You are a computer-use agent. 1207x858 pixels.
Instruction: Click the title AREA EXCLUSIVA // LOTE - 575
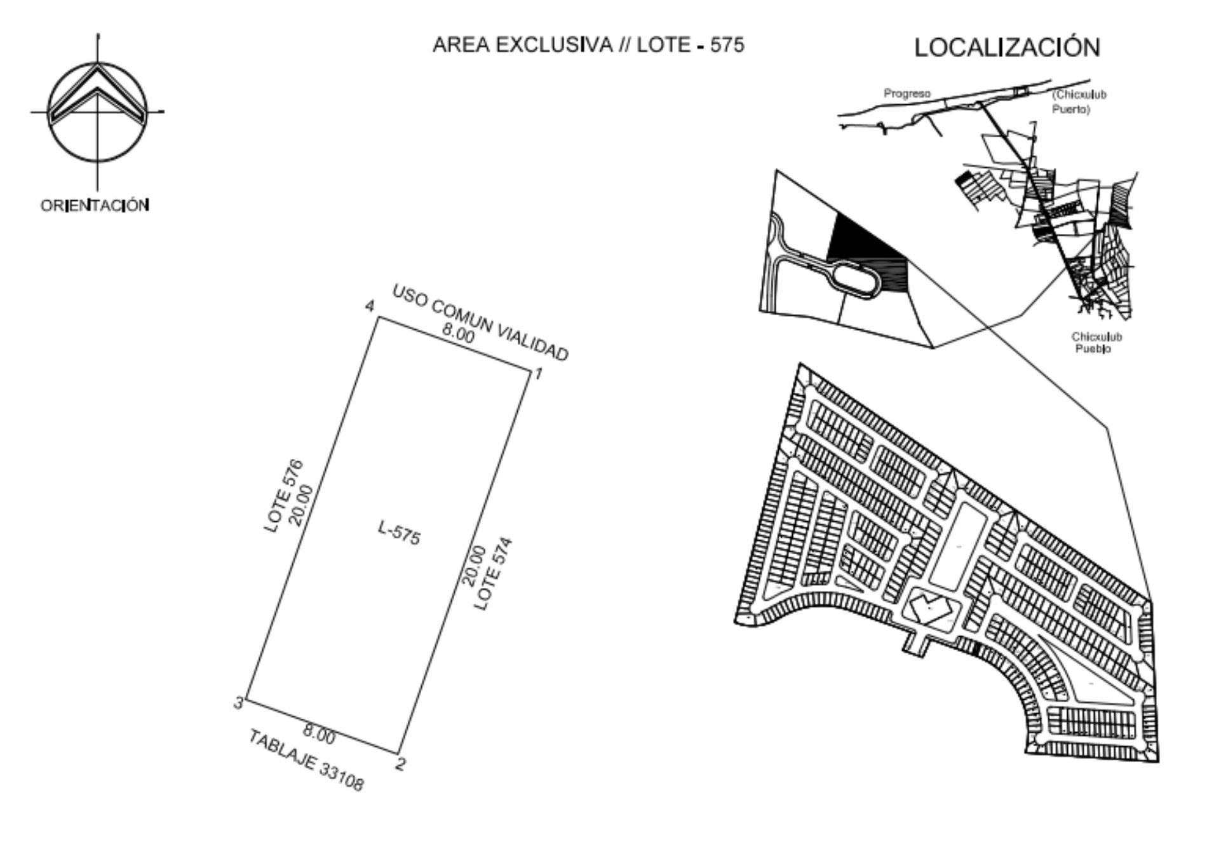click(588, 45)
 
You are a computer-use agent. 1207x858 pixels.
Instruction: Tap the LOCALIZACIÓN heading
click(1007, 48)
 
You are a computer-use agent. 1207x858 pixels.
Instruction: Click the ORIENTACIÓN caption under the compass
click(95, 205)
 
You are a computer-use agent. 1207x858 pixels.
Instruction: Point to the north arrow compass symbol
click(97, 112)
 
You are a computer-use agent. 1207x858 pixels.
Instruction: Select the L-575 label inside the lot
click(399, 533)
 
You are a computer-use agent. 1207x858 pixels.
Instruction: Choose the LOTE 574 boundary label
click(494, 575)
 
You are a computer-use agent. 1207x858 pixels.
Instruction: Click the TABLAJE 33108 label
click(306, 761)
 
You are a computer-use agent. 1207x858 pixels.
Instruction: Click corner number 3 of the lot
click(246, 700)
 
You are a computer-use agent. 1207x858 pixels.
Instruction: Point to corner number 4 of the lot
click(379, 317)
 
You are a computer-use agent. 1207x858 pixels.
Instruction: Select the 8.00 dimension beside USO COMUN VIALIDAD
click(458, 334)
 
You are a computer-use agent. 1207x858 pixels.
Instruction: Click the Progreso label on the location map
click(907, 93)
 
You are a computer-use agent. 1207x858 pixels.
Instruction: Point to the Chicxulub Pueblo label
click(1096, 343)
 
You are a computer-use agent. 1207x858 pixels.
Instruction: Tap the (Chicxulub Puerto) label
click(1078, 102)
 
